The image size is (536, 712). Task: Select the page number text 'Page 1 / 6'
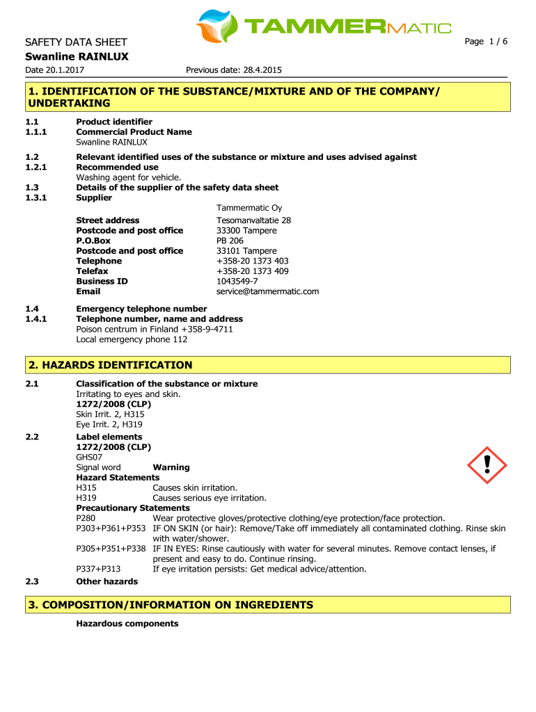[486, 42]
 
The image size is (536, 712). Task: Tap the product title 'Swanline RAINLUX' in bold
[77, 56]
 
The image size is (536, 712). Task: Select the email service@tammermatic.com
[267, 291]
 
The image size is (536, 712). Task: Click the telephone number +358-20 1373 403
[252, 261]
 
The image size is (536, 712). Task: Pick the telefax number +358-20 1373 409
[252, 271]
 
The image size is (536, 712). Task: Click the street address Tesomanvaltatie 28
[253, 220]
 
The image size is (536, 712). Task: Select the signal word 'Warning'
[171, 467]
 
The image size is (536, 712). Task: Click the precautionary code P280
[86, 518]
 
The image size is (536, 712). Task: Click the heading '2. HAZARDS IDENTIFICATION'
[109, 365]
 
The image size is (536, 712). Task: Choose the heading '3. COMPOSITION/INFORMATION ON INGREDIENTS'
[171, 605]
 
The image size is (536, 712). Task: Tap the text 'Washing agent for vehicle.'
[118, 177]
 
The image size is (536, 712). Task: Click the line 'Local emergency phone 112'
[132, 339]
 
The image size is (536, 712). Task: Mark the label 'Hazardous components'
[127, 624]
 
